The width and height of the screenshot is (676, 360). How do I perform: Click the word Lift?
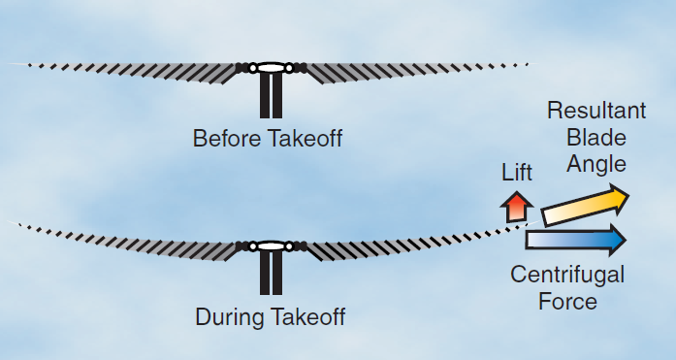[517, 174]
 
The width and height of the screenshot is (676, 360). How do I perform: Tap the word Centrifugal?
[567, 275]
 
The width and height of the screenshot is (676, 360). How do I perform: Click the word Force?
[567, 301]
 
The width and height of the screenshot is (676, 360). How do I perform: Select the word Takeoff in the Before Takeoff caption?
[305, 139]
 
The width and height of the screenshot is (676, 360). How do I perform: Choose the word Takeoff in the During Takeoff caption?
[306, 317]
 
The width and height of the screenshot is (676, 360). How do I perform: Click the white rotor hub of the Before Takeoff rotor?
[271, 68]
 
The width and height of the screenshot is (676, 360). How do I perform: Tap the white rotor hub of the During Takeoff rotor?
[271, 246]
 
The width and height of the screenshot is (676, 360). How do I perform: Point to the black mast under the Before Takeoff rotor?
[271, 97]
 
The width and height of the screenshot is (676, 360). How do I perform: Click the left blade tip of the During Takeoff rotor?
[14, 222]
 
